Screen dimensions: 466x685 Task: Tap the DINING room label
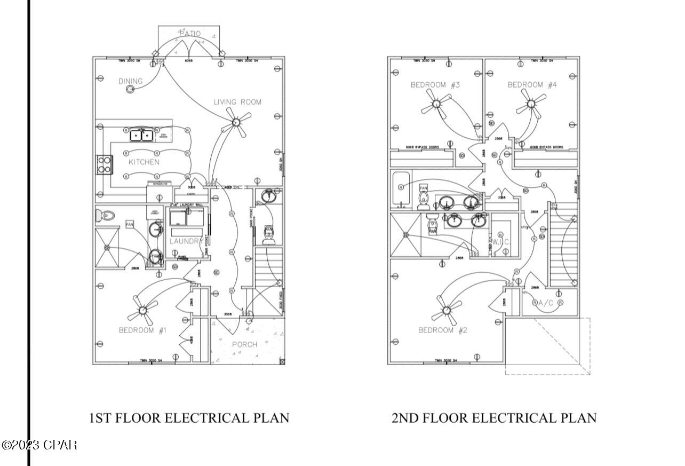131,81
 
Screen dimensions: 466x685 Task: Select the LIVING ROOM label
237,101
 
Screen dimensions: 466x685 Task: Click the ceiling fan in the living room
235,123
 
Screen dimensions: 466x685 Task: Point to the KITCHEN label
144,162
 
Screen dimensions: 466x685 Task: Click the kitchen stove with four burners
104,164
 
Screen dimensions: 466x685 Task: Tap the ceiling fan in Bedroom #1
142,309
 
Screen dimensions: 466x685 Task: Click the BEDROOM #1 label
142,330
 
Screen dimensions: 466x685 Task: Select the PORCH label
244,344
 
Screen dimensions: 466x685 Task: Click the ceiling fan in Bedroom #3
437,102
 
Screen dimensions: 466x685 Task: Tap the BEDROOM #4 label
532,84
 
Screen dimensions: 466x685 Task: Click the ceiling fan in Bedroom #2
446,309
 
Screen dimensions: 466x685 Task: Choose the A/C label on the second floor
546,303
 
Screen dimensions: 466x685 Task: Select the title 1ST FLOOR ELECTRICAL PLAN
189,417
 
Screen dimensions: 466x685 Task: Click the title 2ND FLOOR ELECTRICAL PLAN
494,417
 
